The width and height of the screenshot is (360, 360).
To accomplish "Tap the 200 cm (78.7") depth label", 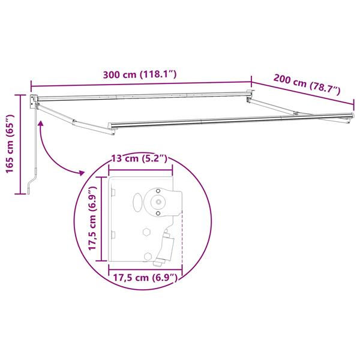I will coord(307,84).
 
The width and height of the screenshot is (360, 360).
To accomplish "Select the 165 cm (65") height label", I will coord(10,143).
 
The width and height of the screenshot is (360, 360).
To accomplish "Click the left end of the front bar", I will coord(112,125).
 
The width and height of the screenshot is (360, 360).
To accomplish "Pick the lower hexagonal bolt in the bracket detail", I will coord(147,256).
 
